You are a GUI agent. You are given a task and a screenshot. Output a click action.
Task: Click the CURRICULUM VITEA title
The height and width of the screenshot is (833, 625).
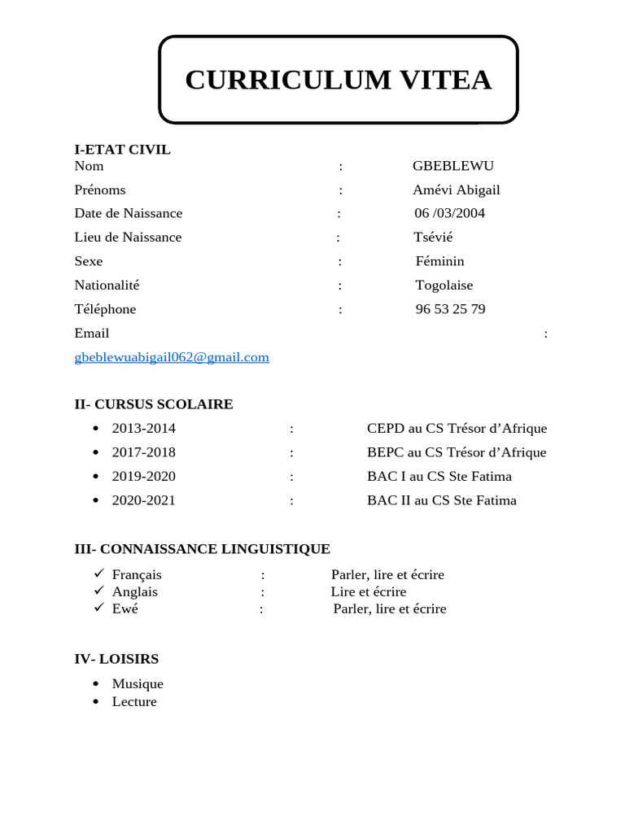point(338,80)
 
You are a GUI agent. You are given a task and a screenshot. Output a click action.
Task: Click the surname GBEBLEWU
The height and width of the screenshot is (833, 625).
point(452,166)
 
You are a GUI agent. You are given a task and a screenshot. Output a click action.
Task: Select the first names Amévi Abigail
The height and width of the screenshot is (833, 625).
point(456,190)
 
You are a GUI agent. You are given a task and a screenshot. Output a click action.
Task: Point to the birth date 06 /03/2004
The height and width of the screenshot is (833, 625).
point(449,213)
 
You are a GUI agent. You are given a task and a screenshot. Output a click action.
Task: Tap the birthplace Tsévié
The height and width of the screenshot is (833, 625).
point(433,237)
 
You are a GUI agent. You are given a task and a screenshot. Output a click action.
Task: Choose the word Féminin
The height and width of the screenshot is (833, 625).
point(439,261)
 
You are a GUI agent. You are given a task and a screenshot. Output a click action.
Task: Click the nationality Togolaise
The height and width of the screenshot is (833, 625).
point(444,285)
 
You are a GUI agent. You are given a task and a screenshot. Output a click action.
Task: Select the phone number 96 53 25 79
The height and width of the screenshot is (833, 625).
point(450,309)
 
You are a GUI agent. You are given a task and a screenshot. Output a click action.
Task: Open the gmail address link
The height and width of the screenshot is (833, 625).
point(171,357)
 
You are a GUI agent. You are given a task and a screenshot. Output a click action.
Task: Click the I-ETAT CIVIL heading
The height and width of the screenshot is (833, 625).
point(122,150)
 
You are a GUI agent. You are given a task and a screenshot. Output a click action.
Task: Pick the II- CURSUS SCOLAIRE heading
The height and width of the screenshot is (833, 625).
point(154,404)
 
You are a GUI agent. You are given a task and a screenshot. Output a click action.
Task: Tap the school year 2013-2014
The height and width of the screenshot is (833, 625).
point(143,428)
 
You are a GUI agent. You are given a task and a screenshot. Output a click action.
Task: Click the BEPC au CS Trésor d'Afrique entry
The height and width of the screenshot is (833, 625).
point(457,452)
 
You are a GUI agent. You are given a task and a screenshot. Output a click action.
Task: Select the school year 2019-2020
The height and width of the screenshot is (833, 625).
point(143,476)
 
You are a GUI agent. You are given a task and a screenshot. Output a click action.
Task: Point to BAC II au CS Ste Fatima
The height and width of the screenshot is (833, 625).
point(441,500)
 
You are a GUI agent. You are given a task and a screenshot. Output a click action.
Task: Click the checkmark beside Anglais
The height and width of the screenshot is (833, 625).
point(98,591)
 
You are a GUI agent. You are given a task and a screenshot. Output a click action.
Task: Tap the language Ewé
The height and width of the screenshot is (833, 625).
point(125,608)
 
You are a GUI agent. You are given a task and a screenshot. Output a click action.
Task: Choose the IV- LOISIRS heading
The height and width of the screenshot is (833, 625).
point(116,659)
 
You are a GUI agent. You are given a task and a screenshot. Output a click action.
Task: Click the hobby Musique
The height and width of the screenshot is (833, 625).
point(138,684)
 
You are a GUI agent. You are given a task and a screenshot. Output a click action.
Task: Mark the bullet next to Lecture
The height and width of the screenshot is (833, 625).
point(96,701)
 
